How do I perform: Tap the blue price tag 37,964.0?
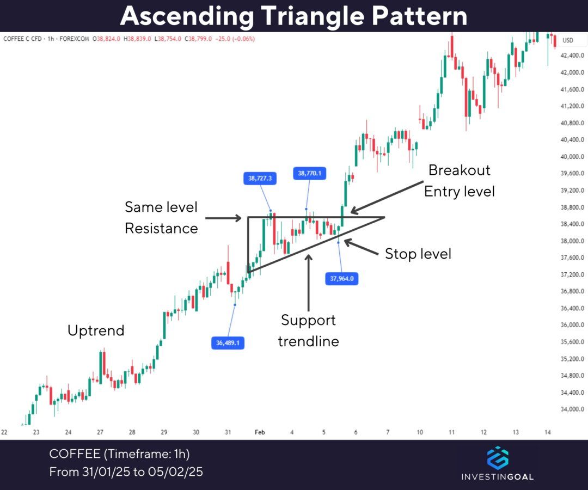click(x=341, y=279)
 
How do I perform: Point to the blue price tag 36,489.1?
click(x=227, y=342)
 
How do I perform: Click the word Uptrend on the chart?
click(x=96, y=330)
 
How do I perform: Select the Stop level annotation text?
click(x=418, y=254)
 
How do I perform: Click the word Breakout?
click(x=460, y=170)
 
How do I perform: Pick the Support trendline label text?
click(x=308, y=330)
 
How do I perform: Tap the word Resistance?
click(x=161, y=228)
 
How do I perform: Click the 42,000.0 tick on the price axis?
click(x=572, y=72)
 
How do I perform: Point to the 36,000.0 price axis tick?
click(x=572, y=325)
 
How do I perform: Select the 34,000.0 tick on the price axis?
click(x=572, y=409)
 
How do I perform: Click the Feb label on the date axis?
click(x=260, y=432)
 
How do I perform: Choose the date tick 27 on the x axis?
click(x=100, y=432)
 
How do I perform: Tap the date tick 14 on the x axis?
click(x=548, y=432)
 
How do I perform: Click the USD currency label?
click(x=568, y=40)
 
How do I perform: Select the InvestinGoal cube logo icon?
click(x=497, y=458)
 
